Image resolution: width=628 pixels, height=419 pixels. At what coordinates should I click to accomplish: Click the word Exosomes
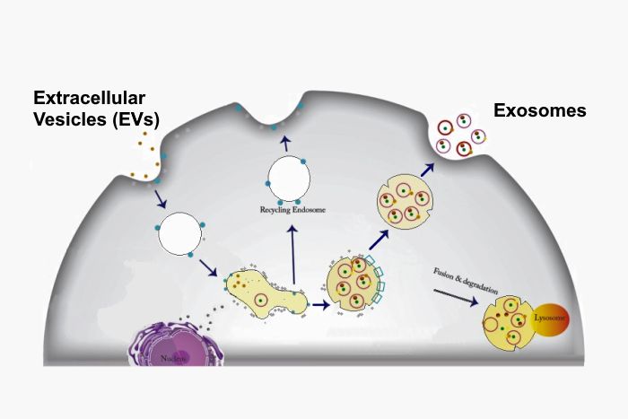coord(539,111)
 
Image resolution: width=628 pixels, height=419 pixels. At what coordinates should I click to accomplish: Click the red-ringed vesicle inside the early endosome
coord(261,300)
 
